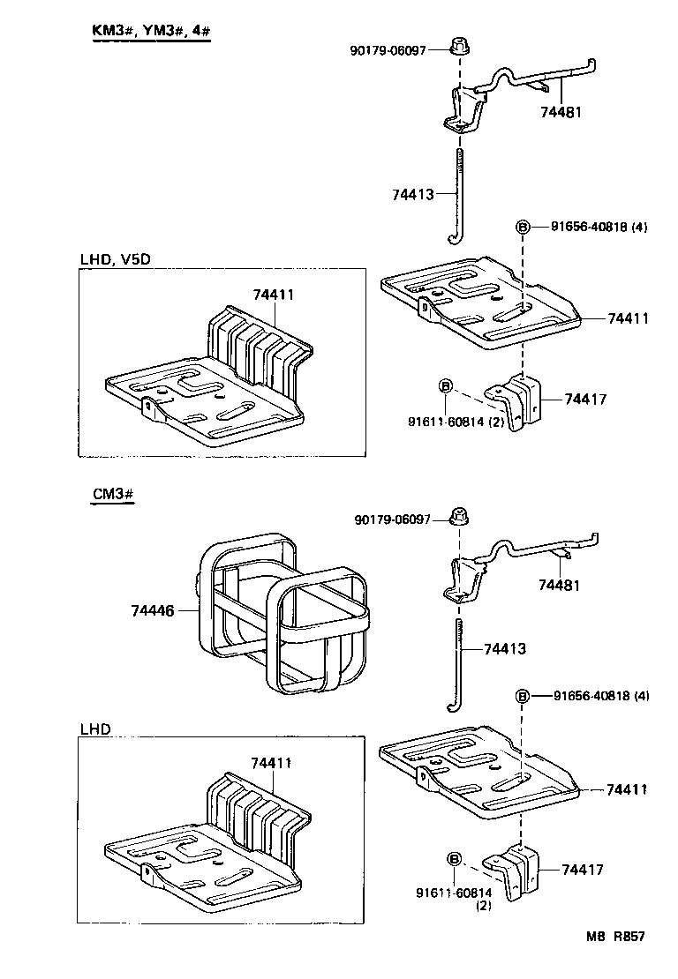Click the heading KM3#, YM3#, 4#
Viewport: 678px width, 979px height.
(x=151, y=32)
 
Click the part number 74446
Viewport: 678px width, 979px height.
(x=152, y=610)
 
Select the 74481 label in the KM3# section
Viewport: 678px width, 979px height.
(x=561, y=112)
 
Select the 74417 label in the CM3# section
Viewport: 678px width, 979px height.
(x=582, y=870)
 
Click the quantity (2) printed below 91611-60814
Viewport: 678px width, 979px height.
(x=484, y=906)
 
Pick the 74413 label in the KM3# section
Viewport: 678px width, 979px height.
(x=413, y=194)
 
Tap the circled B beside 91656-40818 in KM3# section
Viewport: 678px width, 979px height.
(x=522, y=228)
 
